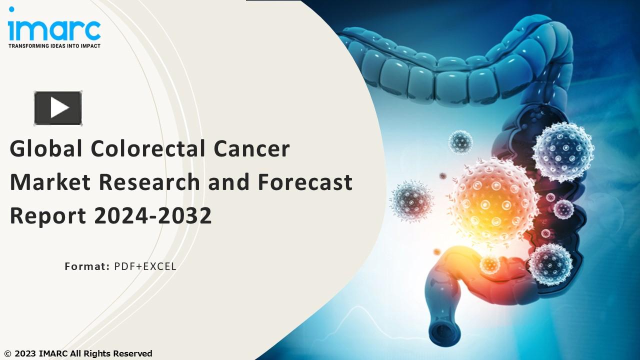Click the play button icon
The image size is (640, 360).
click(x=58, y=107)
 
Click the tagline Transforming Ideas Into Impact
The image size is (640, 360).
click(x=54, y=46)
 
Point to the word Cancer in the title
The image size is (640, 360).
click(x=251, y=149)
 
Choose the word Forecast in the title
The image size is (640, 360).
click(x=305, y=182)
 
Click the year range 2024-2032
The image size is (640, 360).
click(x=152, y=215)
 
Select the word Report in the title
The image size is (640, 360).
click(x=47, y=215)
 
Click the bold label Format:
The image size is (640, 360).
click(x=87, y=266)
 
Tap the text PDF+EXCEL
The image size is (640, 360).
click(x=145, y=266)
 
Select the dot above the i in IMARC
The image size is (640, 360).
click(x=11, y=9)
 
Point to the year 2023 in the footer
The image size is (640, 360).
click(x=23, y=353)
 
